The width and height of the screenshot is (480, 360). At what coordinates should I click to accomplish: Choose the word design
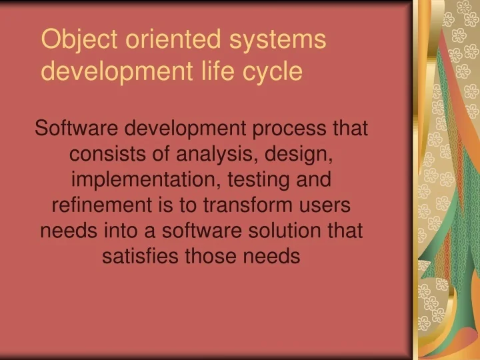click(299, 154)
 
